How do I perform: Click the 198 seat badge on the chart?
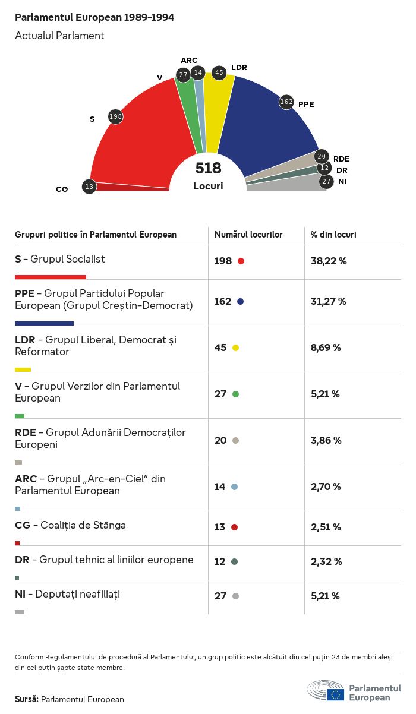[115, 116]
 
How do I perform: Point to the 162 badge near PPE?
[286, 102]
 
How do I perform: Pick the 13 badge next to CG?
[89, 187]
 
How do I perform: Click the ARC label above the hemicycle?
[189, 60]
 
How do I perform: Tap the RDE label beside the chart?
[341, 159]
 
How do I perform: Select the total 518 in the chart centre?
[208, 168]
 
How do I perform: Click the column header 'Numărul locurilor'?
[248, 235]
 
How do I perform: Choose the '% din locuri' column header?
[333, 235]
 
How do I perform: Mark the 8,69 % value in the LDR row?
[326, 347]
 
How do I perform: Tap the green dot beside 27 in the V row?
[235, 394]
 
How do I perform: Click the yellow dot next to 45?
[235, 347]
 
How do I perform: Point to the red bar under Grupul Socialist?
[51, 277]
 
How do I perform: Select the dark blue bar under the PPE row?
[44, 323]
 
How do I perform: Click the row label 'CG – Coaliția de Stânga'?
[70, 525]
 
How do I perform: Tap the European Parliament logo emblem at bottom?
[326, 692]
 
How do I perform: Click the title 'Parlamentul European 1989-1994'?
[94, 17]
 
